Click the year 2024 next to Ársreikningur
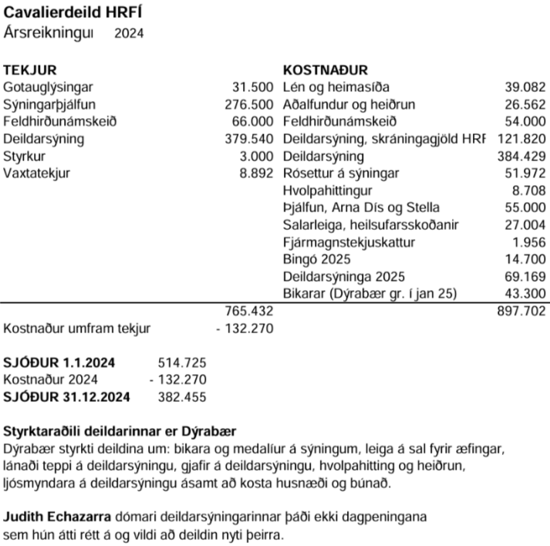128,33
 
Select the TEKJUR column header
30,70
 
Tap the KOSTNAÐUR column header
326,70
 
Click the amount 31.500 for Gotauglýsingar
253,87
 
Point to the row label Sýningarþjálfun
51,104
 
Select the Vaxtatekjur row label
36,173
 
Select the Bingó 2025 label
316,259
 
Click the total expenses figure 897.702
521,312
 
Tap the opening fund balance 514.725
182,363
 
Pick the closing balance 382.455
182,397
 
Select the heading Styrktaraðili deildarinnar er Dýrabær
120,430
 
